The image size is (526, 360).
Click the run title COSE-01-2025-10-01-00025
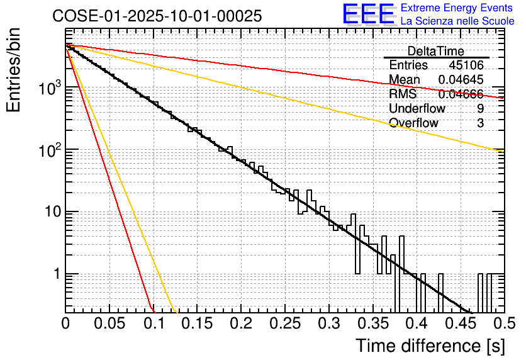157,16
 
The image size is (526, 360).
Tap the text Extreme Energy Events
457,8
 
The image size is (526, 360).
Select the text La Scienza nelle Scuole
457,22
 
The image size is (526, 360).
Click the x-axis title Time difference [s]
428,346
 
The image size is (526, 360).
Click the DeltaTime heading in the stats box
435,51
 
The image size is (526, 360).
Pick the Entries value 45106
466,65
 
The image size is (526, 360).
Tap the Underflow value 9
480,109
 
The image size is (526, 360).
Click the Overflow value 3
480,123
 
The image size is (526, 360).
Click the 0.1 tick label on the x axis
154,323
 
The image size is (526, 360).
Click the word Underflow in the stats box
417,109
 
